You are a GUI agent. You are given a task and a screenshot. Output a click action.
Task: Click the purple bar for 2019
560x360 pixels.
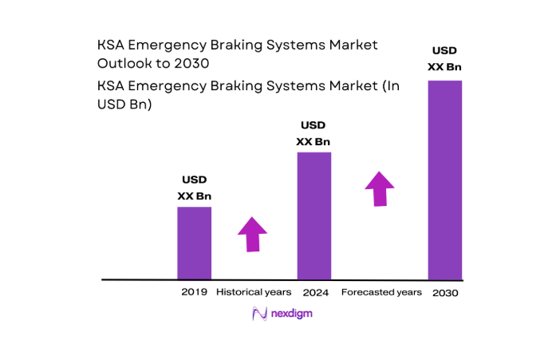coord(194,243)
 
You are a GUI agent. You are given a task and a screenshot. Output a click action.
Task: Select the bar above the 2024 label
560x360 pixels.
coord(314,216)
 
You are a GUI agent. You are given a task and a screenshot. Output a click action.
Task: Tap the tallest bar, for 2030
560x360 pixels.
coord(444,180)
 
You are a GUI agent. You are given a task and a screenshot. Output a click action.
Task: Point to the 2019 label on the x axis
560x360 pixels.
coord(195,292)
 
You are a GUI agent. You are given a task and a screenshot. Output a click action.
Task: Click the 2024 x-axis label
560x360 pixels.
coord(314,292)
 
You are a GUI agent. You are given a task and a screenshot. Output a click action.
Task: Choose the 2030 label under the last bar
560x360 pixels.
coord(445,293)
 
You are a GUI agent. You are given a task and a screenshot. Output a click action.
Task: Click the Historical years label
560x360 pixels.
coord(254,292)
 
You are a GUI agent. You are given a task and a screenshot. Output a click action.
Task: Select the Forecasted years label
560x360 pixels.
coord(381,292)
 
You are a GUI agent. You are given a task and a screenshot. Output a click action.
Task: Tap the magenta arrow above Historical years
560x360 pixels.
coord(252,233)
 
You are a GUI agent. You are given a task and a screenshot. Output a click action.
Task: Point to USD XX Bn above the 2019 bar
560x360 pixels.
coord(194,188)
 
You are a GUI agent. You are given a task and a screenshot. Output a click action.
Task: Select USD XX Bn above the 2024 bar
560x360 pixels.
coord(314,133)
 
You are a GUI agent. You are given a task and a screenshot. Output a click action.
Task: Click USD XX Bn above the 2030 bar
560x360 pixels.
coord(444,58)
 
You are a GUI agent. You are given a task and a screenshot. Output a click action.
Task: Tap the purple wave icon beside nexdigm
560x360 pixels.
coord(258,314)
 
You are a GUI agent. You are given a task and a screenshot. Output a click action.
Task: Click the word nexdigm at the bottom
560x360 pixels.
coord(290,314)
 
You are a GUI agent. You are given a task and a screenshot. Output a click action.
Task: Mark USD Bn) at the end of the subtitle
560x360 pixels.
coord(127,104)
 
